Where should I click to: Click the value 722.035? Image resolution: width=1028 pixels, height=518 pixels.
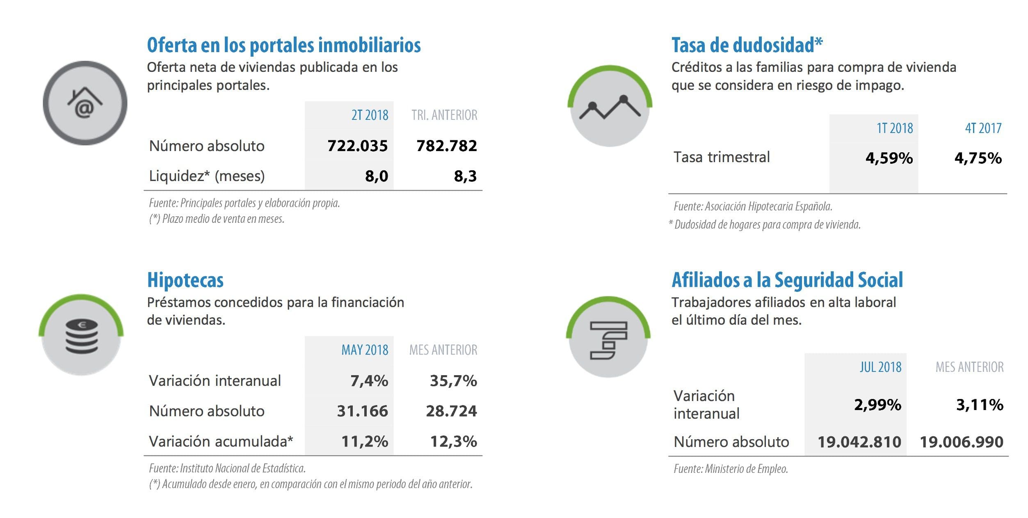point(357,146)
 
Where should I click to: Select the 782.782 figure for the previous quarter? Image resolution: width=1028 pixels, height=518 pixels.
point(446,146)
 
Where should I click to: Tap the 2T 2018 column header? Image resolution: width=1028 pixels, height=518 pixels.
point(370,115)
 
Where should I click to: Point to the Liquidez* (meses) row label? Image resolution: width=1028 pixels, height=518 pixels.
point(207,176)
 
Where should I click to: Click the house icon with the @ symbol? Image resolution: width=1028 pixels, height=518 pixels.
point(85,103)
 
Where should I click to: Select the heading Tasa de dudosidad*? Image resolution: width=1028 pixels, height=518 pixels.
point(747,45)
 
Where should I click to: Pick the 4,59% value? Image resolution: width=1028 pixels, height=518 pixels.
point(889,158)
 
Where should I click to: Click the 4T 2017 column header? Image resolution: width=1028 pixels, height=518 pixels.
point(983,128)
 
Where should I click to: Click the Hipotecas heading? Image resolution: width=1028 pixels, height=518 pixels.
point(185,280)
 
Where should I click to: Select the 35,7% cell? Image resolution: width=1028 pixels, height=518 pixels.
point(453,381)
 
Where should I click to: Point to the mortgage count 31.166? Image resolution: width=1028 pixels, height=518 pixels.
point(362,411)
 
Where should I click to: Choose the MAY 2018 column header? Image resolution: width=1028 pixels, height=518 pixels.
point(365,350)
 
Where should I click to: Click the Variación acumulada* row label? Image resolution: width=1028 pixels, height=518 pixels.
point(221,441)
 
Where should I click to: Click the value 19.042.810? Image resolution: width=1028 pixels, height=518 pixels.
point(859,442)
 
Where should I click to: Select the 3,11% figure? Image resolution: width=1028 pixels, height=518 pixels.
point(980,405)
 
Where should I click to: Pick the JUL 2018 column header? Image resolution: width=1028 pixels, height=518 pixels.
point(880,367)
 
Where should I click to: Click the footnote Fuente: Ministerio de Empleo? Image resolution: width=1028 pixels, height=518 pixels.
point(731,469)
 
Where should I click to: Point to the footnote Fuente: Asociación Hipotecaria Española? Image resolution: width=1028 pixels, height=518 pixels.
point(753,206)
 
